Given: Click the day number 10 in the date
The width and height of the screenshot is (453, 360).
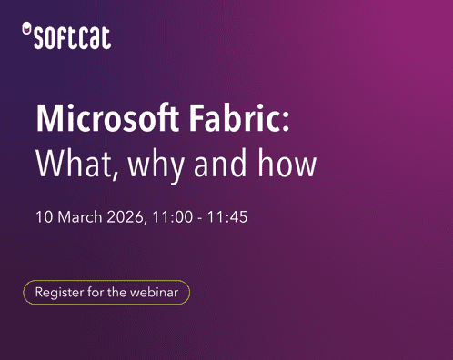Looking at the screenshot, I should [x=44, y=218].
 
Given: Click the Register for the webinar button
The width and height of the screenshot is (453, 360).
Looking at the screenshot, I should [x=106, y=293].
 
